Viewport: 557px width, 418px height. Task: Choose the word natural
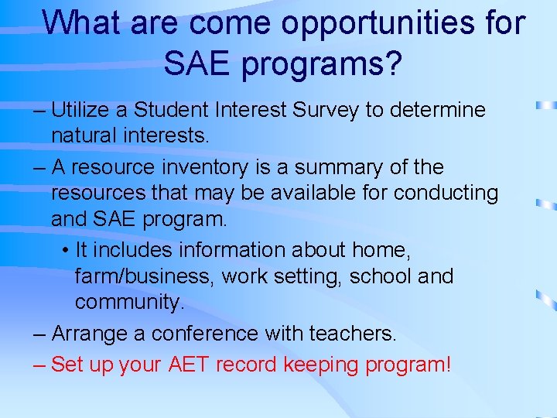click(80, 137)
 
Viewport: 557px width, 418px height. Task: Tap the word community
click(129, 302)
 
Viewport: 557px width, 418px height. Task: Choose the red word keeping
click(309, 365)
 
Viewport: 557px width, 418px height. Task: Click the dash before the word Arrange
click(40, 334)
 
